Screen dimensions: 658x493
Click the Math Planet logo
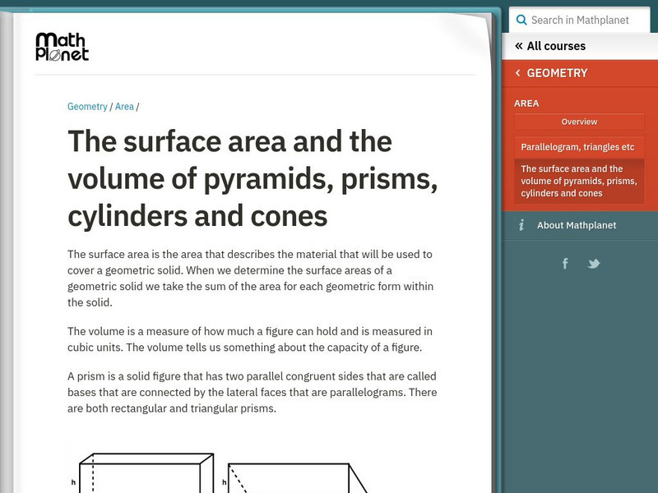[63, 47]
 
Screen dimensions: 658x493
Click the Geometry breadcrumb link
[87, 107]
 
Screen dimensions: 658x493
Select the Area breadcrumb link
[124, 107]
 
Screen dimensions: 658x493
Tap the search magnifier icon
[521, 20]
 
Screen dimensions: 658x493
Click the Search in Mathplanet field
[580, 20]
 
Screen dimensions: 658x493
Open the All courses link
[550, 46]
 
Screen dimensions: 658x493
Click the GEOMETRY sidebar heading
[558, 73]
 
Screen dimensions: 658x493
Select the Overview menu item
[579, 122]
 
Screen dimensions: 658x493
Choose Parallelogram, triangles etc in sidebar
[578, 147]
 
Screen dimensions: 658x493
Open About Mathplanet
[577, 225]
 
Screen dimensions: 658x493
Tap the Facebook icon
[565, 264]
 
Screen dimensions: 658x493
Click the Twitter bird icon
[594, 264]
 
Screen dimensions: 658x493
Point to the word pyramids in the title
[269, 180]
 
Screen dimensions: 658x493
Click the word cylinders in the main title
[127, 217]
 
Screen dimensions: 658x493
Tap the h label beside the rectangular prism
[73, 482]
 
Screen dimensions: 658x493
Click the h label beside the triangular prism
[224, 482]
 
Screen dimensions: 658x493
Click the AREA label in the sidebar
[526, 104]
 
